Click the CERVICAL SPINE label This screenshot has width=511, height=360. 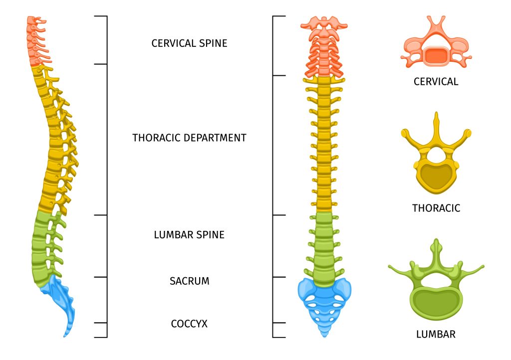[x=189, y=43]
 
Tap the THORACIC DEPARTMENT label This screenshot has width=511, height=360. [x=189, y=138]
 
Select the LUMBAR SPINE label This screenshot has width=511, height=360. [x=189, y=234]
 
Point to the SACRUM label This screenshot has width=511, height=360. [x=189, y=281]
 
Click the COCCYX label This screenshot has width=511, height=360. [x=189, y=324]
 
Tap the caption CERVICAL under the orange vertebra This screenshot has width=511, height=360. [x=436, y=82]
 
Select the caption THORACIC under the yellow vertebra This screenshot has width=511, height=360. [x=436, y=208]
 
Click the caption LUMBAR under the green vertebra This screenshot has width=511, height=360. [x=436, y=334]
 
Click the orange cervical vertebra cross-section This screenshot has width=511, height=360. [x=436, y=50]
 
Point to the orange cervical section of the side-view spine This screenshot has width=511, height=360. [x=35, y=42]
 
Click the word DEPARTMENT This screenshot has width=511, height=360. [x=216, y=138]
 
